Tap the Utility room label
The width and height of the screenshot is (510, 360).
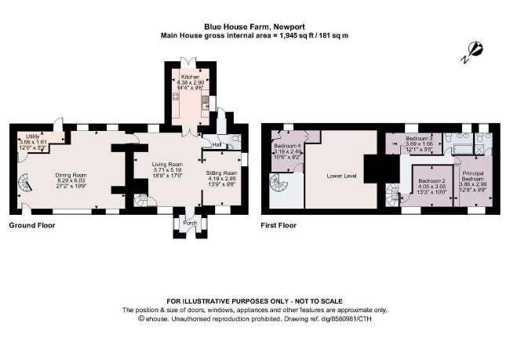(x=32, y=136)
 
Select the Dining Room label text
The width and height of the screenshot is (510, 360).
(x=70, y=175)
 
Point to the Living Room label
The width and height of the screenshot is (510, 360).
(x=166, y=164)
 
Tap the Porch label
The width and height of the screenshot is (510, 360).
(x=190, y=223)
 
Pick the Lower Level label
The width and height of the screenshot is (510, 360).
(x=341, y=176)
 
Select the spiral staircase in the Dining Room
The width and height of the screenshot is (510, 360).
(x=24, y=188)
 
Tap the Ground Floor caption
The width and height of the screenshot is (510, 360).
(x=32, y=226)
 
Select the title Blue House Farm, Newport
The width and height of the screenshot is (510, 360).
(x=254, y=24)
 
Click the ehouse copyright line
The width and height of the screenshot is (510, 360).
(x=254, y=318)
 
